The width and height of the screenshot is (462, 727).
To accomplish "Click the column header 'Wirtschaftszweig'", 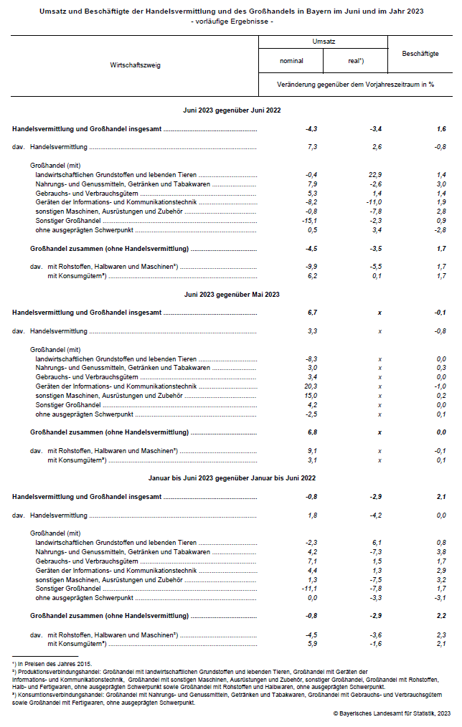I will pos(135,65).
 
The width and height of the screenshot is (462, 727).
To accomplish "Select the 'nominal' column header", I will pos(291,61).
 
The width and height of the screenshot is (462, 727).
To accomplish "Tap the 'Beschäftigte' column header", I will pos(420,53).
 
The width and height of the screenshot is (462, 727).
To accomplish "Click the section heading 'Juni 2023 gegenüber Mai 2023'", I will pos(232,294).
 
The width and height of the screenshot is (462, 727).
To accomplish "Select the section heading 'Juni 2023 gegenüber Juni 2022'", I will pos(232,110).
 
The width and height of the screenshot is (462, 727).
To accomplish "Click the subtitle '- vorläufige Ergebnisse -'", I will pos(232,22).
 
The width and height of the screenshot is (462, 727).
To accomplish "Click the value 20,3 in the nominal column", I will pos(311,386).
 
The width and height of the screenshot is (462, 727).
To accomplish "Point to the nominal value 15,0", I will pos(311,395).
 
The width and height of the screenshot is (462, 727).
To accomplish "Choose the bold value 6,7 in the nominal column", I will pos(311,313).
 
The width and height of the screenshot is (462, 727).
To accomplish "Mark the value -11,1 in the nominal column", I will pos(310,589).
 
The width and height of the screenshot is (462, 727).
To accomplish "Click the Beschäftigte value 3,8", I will pos(440,551).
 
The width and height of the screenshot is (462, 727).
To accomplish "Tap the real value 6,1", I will pos(374,543).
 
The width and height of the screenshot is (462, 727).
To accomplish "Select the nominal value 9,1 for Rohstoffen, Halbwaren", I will pos(311,450).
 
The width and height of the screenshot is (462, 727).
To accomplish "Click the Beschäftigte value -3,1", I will pos(440,598).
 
